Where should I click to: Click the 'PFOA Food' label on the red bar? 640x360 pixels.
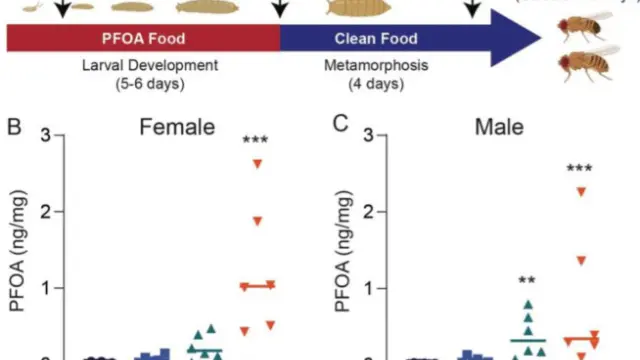[143, 38]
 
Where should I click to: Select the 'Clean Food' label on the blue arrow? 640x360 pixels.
[376, 38]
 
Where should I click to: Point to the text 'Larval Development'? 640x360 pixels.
[150, 65]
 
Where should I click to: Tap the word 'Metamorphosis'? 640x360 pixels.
[376, 65]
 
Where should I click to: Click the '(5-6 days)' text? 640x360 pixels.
[150, 84]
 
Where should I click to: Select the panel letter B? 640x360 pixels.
[14, 127]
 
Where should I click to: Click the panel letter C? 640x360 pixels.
[340, 124]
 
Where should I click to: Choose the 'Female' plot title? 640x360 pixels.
[177, 127]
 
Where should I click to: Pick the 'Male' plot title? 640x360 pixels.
[499, 127]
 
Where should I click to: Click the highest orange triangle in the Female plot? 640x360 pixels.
[258, 164]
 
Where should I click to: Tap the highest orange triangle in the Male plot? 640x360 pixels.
[581, 192]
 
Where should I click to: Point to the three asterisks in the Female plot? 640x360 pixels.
[255, 140]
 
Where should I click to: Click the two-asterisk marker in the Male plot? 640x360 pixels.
[527, 280]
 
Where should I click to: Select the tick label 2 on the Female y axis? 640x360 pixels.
[46, 212]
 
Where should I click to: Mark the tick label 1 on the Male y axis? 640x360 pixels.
[369, 289]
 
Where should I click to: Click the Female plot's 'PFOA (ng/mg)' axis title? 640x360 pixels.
[17, 251]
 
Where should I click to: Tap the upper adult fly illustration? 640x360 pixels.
[585, 27]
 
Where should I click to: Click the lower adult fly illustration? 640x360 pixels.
[588, 63]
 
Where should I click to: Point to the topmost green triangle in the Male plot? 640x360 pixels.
[529, 304]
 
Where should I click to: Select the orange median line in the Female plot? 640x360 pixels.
[258, 286]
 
